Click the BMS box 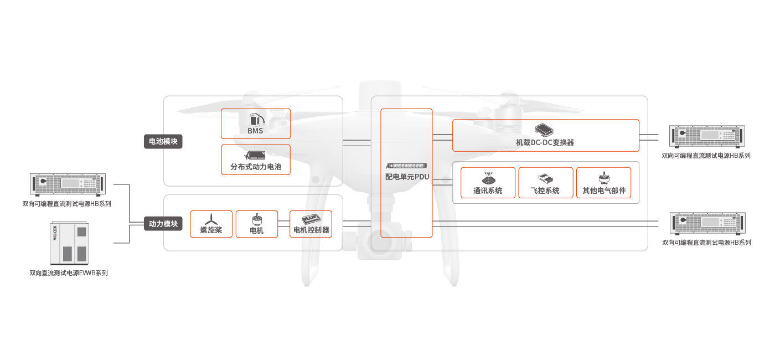pyautogui.click(x=256, y=124)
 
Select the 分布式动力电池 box pyautogui.click(x=256, y=160)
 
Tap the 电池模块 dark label pyautogui.click(x=163, y=141)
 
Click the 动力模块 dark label pyautogui.click(x=163, y=224)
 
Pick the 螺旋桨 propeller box pyautogui.click(x=211, y=224)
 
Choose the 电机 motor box pyautogui.click(x=257, y=224)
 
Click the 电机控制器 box pyautogui.click(x=311, y=224)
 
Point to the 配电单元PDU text pyautogui.click(x=407, y=177)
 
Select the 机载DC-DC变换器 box pyautogui.click(x=545, y=135)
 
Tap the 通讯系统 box pyautogui.click(x=488, y=183)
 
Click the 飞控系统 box pyautogui.click(x=545, y=183)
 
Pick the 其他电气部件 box pyautogui.click(x=603, y=183)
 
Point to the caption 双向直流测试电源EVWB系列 pyautogui.click(x=69, y=272)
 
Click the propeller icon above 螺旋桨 pyautogui.click(x=211, y=219)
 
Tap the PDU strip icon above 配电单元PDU pyautogui.click(x=407, y=166)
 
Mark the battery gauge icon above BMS pyautogui.click(x=255, y=118)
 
